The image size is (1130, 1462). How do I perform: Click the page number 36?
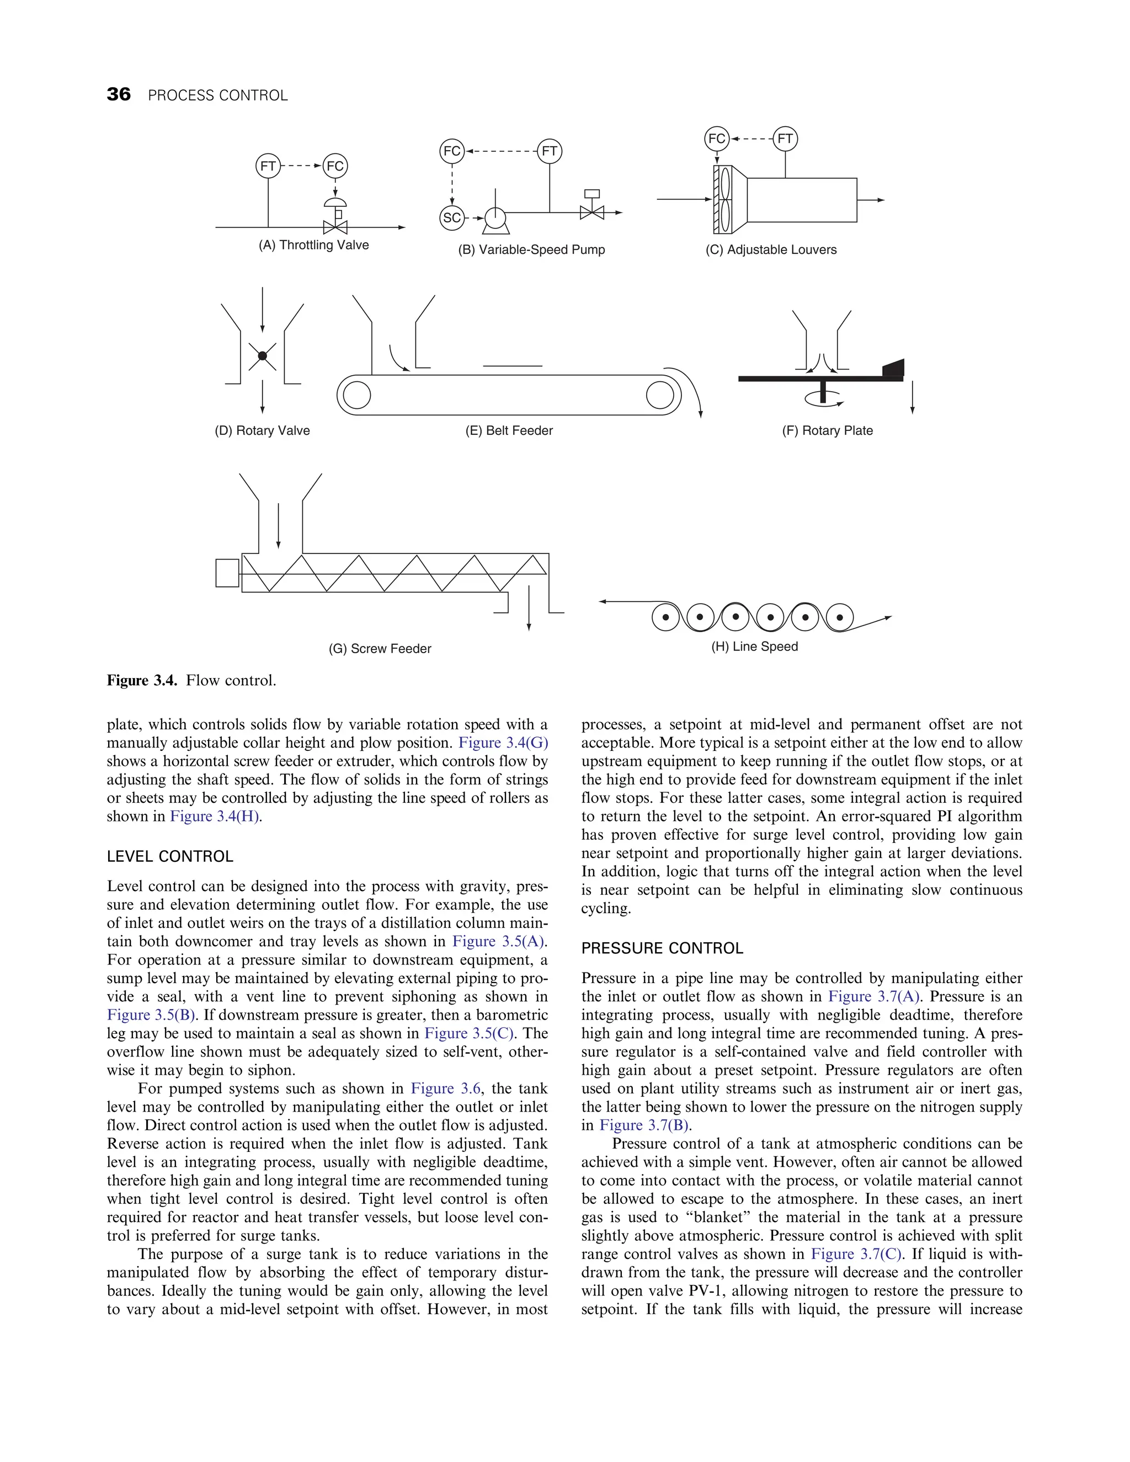tap(119, 94)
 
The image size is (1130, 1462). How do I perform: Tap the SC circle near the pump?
tap(452, 217)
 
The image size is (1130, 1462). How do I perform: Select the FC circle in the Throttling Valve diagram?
tap(335, 166)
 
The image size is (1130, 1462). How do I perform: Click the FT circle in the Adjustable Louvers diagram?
tap(785, 138)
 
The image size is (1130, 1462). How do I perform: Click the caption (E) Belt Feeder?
tap(509, 430)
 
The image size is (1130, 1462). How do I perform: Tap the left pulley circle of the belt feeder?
tap(357, 395)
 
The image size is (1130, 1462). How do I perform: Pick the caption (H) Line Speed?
tap(754, 647)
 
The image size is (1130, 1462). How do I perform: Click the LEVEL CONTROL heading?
tap(170, 857)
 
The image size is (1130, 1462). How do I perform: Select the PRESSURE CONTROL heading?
tap(662, 948)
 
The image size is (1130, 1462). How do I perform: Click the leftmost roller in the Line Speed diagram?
tap(665, 617)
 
